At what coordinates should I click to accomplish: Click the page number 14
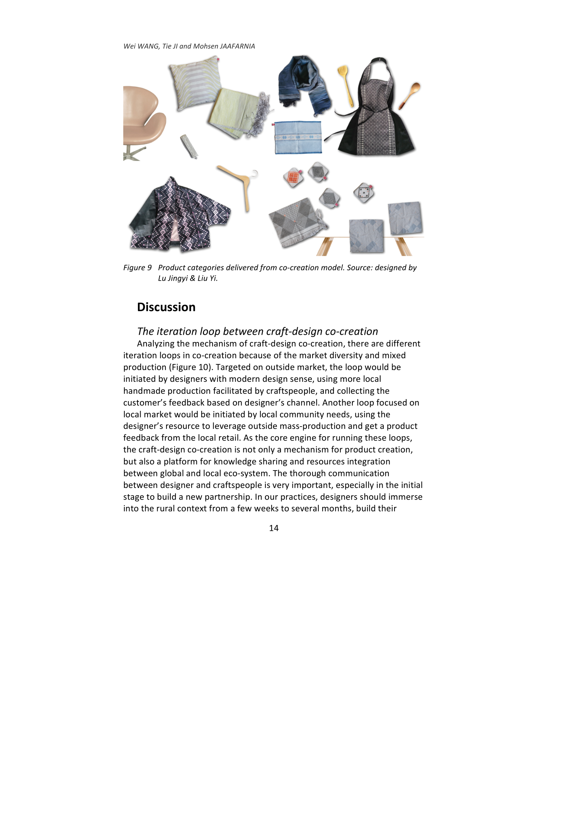[274, 528]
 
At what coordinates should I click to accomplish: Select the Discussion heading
[166, 307]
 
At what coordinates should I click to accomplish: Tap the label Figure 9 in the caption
[137, 268]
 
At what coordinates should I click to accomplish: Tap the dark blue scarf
[303, 85]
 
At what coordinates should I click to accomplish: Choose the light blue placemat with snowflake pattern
[298, 137]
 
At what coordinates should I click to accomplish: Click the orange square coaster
[293, 178]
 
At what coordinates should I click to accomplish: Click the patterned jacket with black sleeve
[180, 214]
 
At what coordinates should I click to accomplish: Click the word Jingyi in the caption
[178, 279]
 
